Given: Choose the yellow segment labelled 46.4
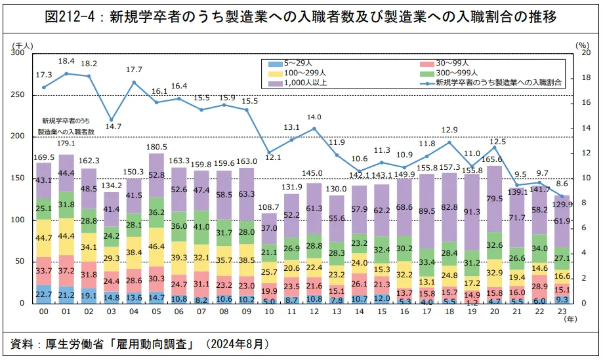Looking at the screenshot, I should (x=156, y=247).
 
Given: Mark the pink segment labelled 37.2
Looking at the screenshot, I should (x=66, y=270).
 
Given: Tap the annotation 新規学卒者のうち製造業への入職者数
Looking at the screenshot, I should (x=66, y=126).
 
